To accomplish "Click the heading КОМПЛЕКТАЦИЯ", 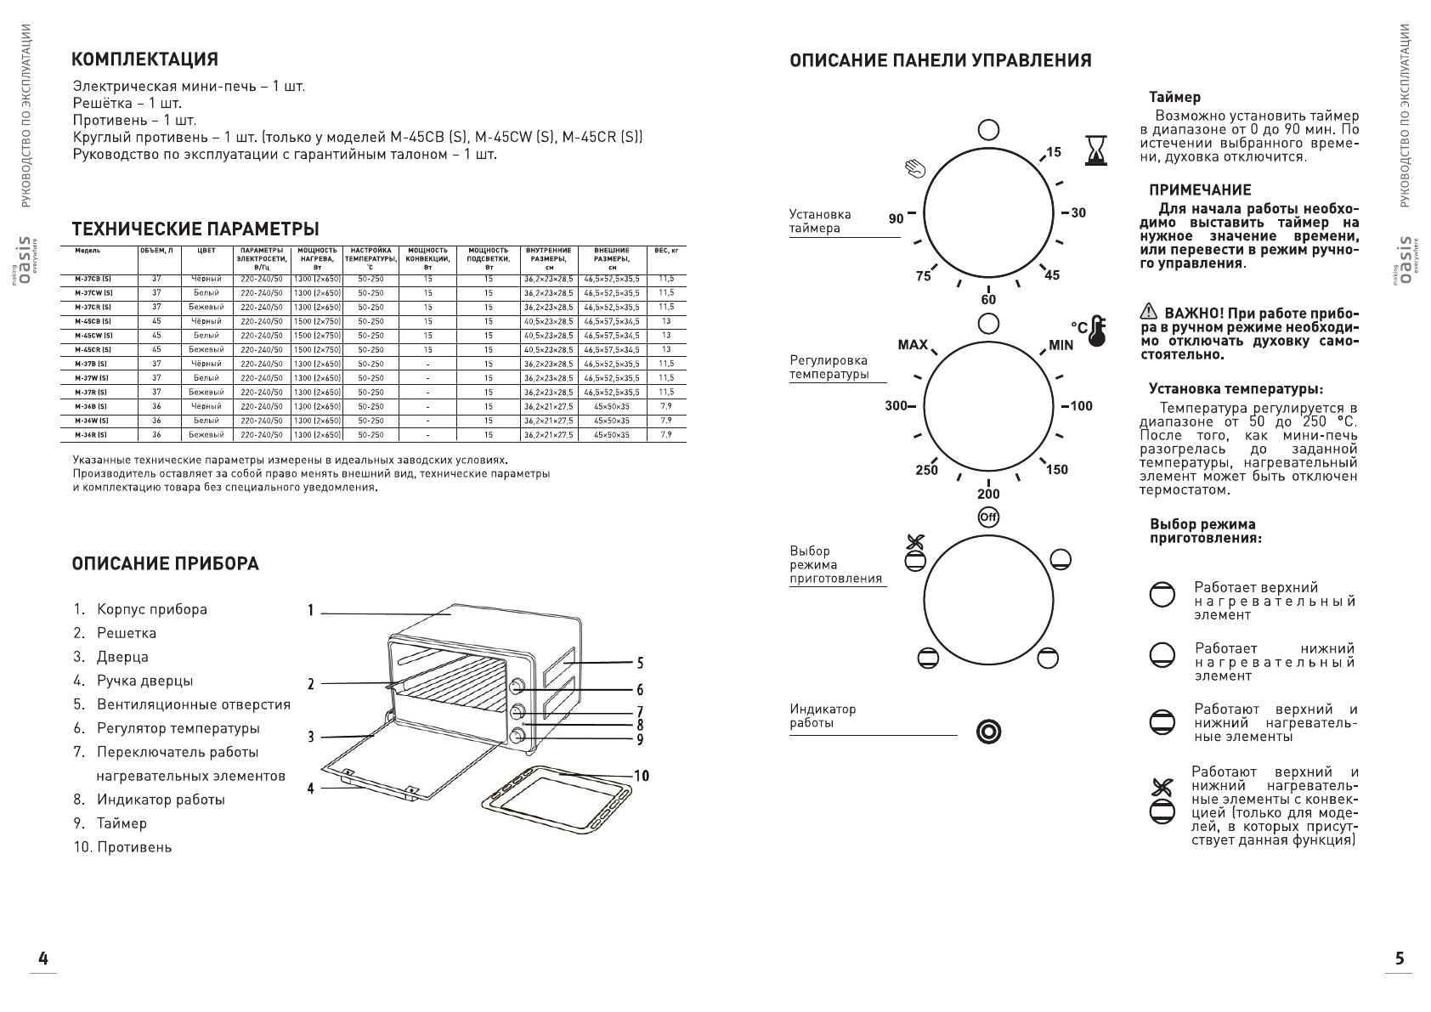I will (145, 59).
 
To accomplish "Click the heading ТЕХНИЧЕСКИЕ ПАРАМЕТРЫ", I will (195, 229).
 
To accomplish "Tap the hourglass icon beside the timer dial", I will (1096, 150).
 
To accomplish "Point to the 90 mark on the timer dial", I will (896, 218).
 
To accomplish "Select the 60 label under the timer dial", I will (988, 300).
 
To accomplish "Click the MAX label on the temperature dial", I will (913, 345).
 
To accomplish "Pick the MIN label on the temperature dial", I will (1061, 345).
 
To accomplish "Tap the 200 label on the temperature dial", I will (988, 494).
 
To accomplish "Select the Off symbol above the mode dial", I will (988, 517).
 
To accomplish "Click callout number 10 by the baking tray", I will (641, 776).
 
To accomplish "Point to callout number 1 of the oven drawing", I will (311, 610).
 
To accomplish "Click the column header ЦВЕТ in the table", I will (206, 251).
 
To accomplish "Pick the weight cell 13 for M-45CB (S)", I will (666, 321).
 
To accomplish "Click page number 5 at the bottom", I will (1400, 958).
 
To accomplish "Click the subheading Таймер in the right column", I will (1174, 98).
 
